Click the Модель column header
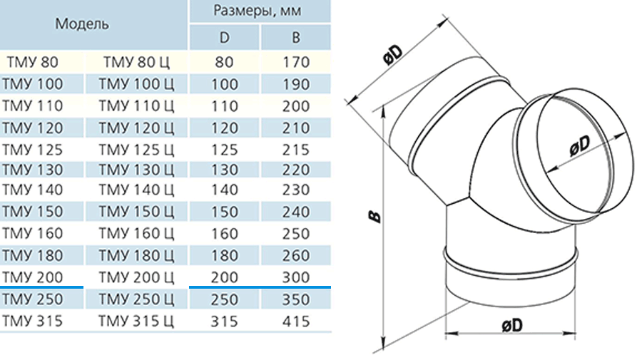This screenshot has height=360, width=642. click(82, 24)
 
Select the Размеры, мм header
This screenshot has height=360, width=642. click(258, 10)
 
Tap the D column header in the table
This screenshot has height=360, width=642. click(225, 38)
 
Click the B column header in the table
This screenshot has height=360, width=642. click(295, 38)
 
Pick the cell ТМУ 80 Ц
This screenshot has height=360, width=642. click(136, 62)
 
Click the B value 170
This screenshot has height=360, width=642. click(295, 62)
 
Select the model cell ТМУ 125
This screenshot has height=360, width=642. click(32, 150)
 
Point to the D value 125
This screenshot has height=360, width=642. click(225, 150)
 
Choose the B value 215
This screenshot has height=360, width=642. click(295, 150)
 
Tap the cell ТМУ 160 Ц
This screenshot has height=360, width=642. click(136, 233)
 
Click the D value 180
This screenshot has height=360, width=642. click(225, 255)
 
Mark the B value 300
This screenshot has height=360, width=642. click(295, 277)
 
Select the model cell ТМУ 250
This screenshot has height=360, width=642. click(32, 299)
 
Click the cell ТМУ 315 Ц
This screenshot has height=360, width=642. click(136, 321)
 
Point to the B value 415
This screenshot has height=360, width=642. click(295, 321)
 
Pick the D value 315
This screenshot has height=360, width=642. click(225, 321)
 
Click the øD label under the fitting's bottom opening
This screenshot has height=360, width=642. click(512, 325)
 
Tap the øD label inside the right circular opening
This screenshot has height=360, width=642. click(580, 145)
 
